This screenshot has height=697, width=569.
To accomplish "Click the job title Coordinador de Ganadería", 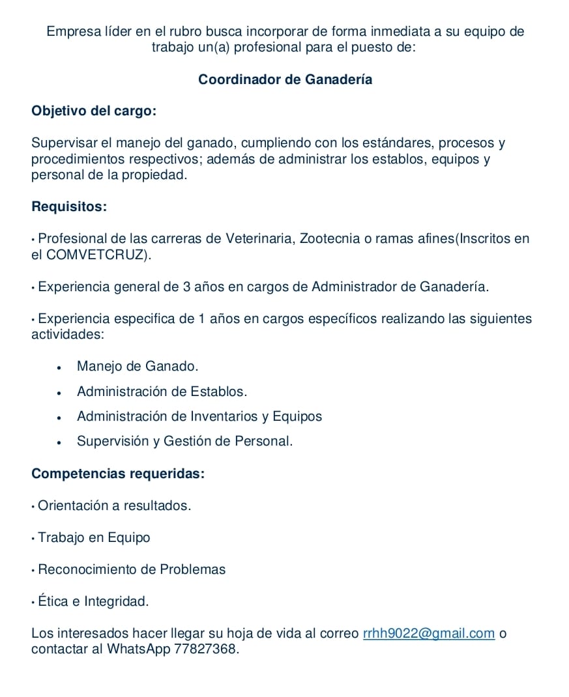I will tap(285, 79).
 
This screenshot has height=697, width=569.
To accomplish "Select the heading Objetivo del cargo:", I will tap(94, 111).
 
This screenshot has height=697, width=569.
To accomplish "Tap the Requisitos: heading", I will tap(69, 207).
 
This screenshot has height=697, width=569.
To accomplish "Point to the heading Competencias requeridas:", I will tap(118, 474).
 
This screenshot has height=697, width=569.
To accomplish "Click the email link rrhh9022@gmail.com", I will tap(428, 633).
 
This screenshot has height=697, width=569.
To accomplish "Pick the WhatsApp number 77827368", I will tap(206, 649).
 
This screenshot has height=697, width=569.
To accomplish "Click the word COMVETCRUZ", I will tap(97, 255).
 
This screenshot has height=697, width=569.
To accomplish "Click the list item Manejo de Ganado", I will tap(137, 366).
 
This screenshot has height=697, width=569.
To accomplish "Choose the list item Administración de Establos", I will tap(162, 391).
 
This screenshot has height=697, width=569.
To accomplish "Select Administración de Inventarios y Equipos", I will tap(199, 416).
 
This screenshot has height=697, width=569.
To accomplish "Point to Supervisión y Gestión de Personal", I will tap(184, 441).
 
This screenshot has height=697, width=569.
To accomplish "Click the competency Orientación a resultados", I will tap(114, 505).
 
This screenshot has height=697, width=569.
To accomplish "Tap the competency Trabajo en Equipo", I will tap(94, 537).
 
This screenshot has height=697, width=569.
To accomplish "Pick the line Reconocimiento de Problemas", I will tap(132, 569).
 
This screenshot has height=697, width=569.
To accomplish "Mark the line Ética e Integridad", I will tap(93, 601).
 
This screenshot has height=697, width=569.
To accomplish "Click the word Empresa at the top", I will tap(70, 31).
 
